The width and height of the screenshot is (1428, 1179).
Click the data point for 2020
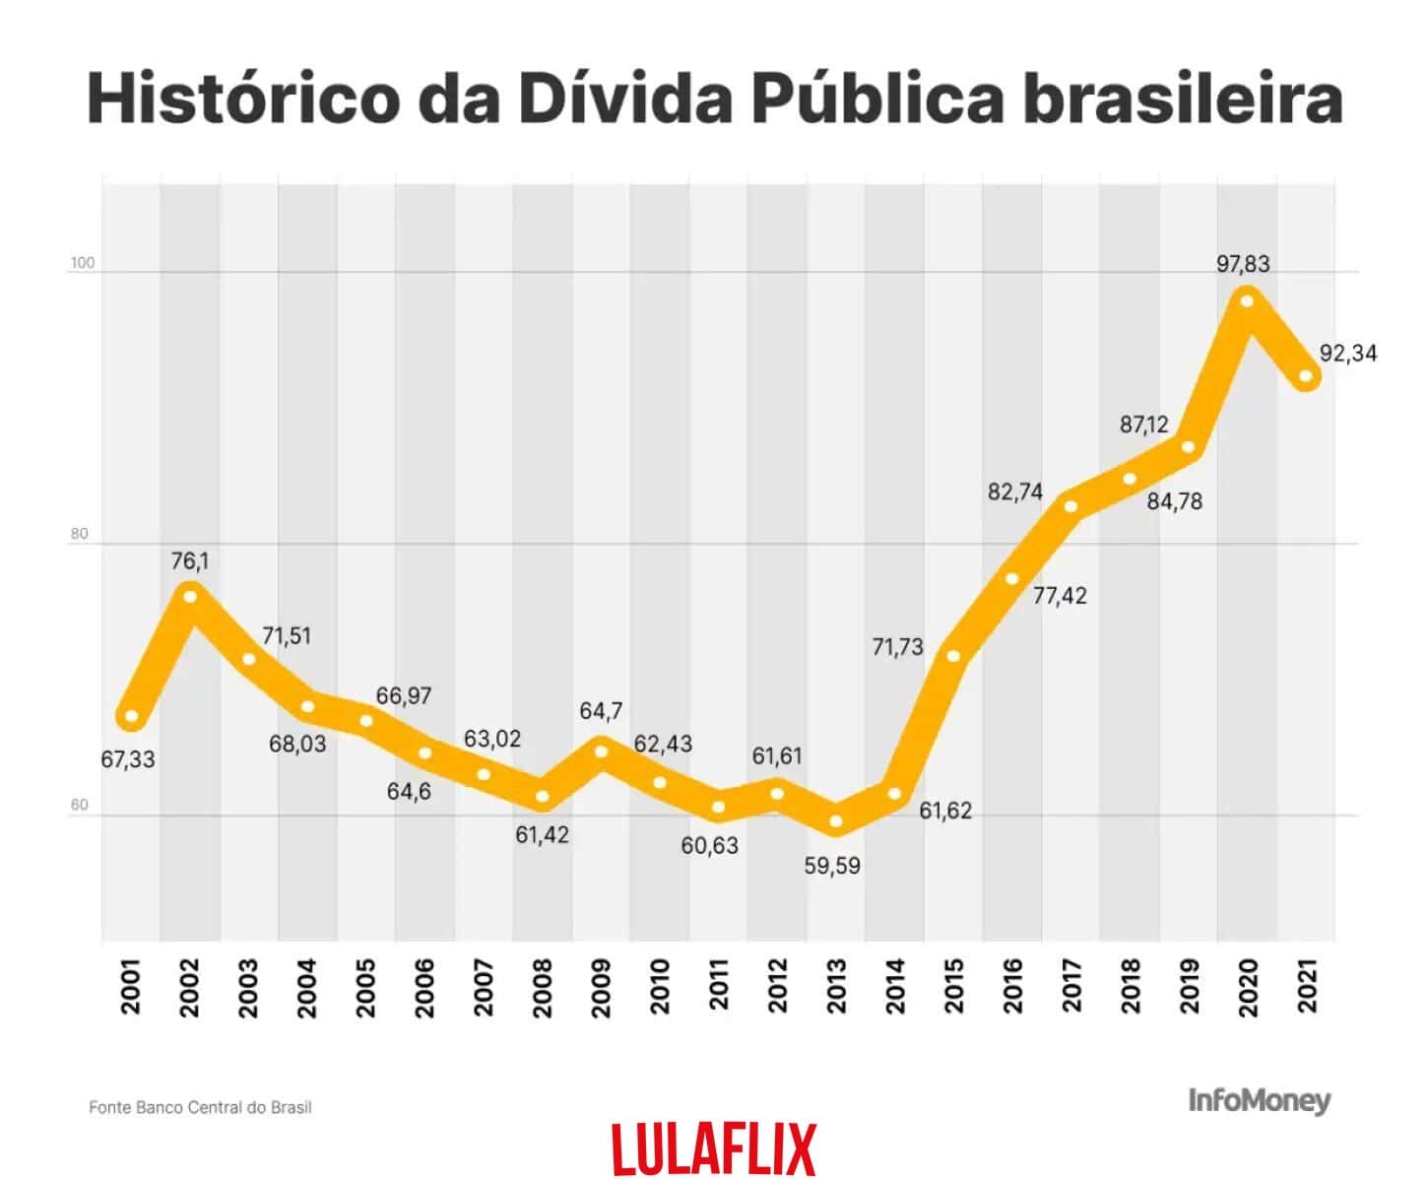pyautogui.click(x=1247, y=300)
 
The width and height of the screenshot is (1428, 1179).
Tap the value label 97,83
pyautogui.click(x=1243, y=264)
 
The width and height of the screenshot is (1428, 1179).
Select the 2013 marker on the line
pyautogui.click(x=836, y=820)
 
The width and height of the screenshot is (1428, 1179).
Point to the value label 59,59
pyautogui.click(x=832, y=867)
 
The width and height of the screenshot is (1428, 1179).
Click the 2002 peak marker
pyautogui.click(x=190, y=596)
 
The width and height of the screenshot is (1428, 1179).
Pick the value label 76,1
pyautogui.click(x=190, y=561)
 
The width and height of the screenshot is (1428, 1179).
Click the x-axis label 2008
pyautogui.click(x=543, y=987)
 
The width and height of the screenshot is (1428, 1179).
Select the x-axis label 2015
pyautogui.click(x=953, y=987)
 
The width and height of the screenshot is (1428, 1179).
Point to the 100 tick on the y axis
pyautogui.click(x=82, y=264)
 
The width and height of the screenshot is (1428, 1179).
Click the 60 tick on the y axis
pyautogui.click(x=79, y=805)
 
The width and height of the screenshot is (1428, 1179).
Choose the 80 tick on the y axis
pyautogui.click(x=79, y=534)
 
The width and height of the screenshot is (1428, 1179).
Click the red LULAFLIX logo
pyautogui.click(x=714, y=1148)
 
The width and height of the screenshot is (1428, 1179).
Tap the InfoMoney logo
pyautogui.click(x=1259, y=1100)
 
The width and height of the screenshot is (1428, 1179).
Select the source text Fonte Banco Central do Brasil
pyautogui.click(x=200, y=1107)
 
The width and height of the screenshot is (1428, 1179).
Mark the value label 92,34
pyautogui.click(x=1348, y=353)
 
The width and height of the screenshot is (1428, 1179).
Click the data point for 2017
pyautogui.click(x=1071, y=506)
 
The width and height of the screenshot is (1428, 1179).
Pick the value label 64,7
pyautogui.click(x=601, y=711)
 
